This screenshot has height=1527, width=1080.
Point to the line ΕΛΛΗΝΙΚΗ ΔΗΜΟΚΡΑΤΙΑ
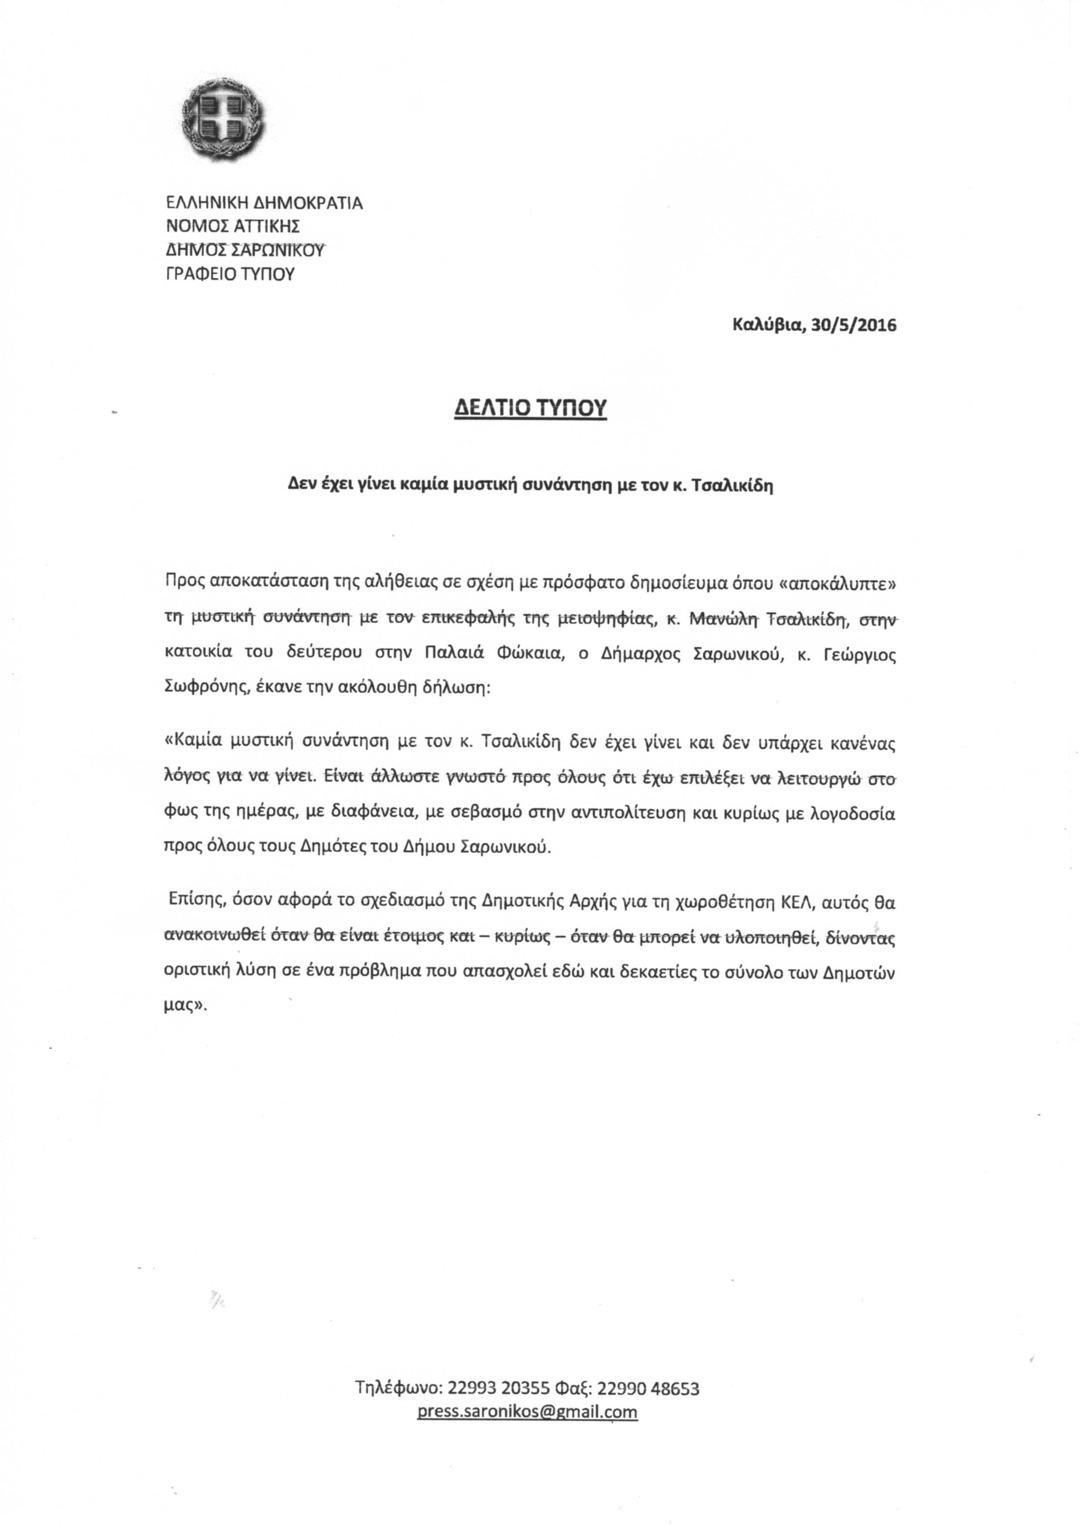(x=264, y=202)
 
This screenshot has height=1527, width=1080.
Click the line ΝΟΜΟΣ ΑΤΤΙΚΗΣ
(x=233, y=226)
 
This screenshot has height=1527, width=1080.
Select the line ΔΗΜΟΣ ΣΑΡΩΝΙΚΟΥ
(x=245, y=250)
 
